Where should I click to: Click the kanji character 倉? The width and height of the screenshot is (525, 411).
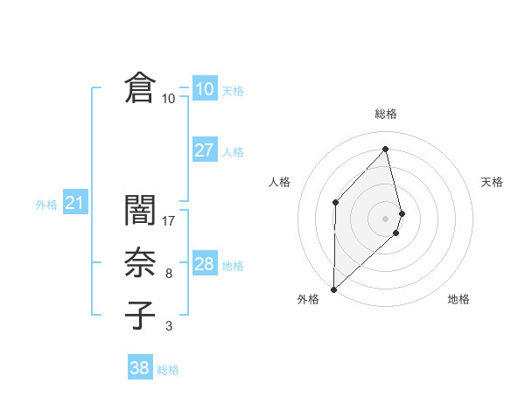click(x=140, y=89)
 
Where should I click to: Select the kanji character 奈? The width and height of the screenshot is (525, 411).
click(x=140, y=263)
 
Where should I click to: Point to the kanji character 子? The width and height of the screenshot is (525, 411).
click(x=140, y=315)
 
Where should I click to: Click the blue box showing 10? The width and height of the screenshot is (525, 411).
click(x=204, y=89)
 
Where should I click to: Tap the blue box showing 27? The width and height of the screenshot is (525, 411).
click(x=204, y=150)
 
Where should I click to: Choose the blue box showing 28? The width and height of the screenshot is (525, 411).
click(x=204, y=264)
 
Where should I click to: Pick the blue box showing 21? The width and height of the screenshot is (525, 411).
click(x=74, y=204)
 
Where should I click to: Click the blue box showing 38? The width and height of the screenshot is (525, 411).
click(x=139, y=368)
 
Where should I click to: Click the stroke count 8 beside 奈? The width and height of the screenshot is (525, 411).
click(x=169, y=274)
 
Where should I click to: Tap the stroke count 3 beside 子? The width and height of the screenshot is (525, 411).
click(x=169, y=326)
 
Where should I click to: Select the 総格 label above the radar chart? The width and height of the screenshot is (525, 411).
click(x=386, y=114)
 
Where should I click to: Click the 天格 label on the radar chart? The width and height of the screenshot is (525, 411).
click(x=493, y=182)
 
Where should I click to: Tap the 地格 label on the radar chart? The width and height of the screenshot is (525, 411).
click(x=458, y=299)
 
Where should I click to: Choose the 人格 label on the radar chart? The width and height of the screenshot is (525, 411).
click(x=279, y=182)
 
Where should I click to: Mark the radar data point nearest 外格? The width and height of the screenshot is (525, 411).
click(x=333, y=289)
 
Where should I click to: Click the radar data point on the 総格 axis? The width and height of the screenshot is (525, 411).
click(x=386, y=149)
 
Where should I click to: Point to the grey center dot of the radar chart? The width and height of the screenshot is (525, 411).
click(x=386, y=217)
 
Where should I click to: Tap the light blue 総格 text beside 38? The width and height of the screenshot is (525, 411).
click(x=168, y=370)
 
